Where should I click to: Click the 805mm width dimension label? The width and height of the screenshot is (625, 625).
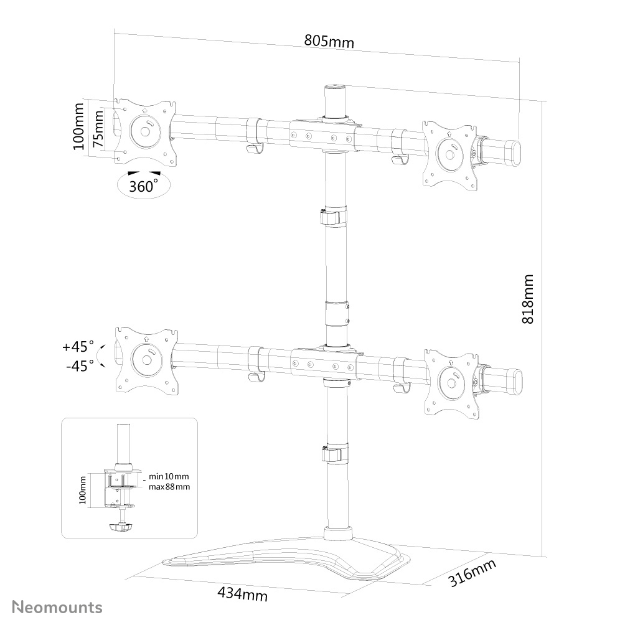pos(329,41)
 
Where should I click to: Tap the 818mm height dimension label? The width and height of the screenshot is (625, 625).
pos(527,299)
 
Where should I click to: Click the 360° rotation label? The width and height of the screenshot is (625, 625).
pos(143,186)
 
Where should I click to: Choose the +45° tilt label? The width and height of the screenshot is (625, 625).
pos(78,345)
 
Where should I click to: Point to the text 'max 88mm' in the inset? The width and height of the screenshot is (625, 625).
pos(169,486)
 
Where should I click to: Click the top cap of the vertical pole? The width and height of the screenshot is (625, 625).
pos(334,88)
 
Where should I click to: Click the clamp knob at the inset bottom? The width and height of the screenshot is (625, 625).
pos(122,527)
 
